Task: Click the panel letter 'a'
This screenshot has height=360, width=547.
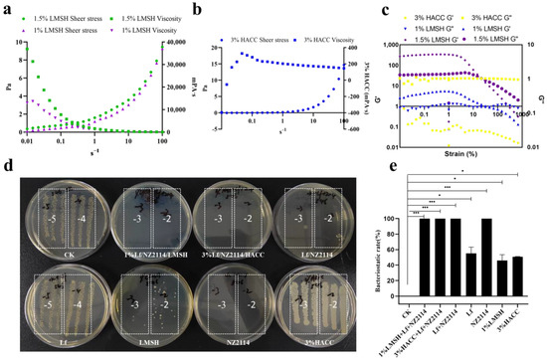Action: click(x=7, y=10)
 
